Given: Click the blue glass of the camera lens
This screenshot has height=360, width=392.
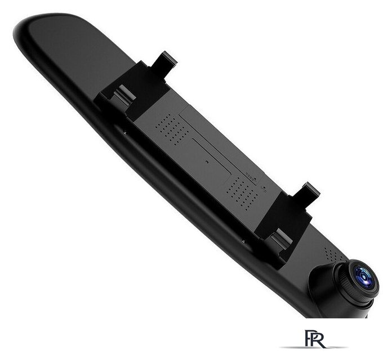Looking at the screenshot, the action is pyautogui.click(x=363, y=277).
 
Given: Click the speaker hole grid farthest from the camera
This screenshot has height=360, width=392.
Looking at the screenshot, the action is pyautogui.click(x=172, y=130).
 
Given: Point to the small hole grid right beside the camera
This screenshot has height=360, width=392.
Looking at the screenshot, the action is pyautogui.click(x=332, y=254).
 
